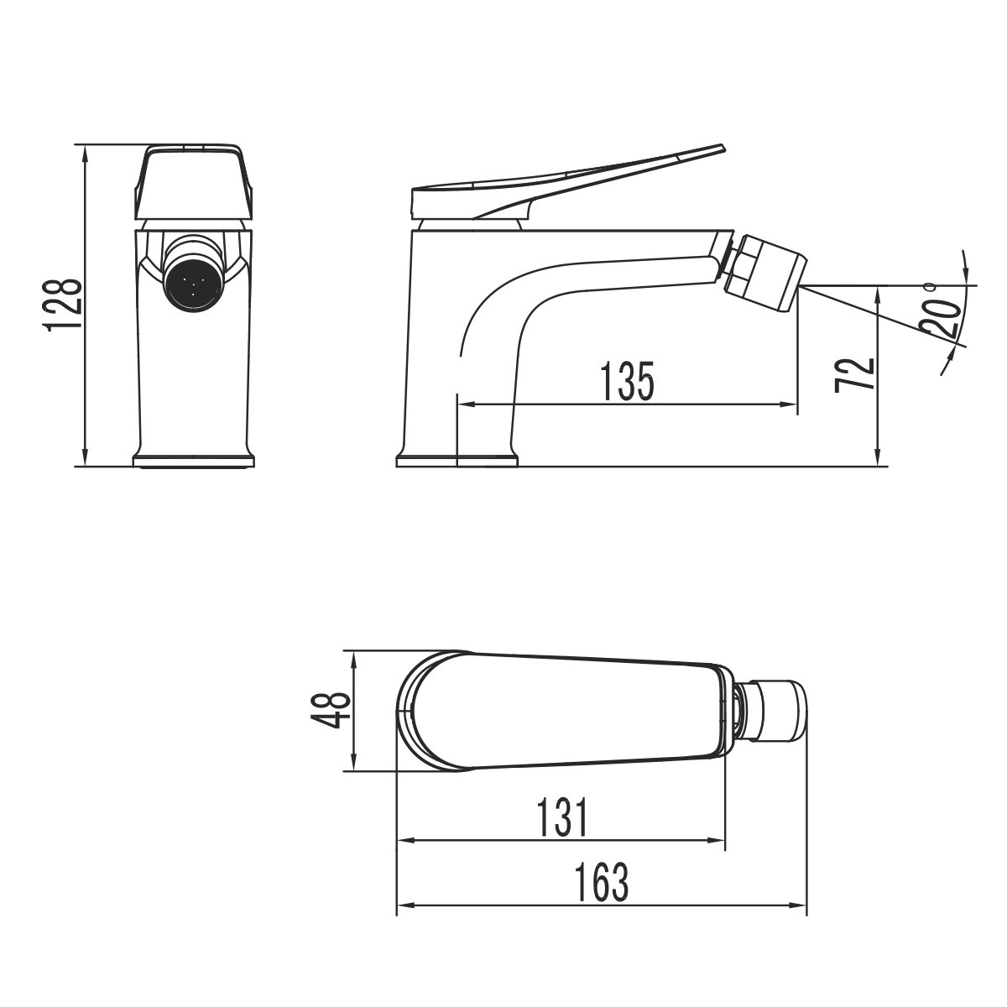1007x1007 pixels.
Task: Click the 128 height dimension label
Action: tap(63, 305)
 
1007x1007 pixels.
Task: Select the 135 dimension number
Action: tap(627, 382)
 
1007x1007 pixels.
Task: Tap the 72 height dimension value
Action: tap(854, 374)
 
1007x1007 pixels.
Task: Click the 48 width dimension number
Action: tap(332, 710)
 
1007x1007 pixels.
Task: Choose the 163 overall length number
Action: tap(602, 882)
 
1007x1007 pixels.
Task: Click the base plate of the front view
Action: tap(194, 460)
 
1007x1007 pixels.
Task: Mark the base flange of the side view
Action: tap(457, 460)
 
